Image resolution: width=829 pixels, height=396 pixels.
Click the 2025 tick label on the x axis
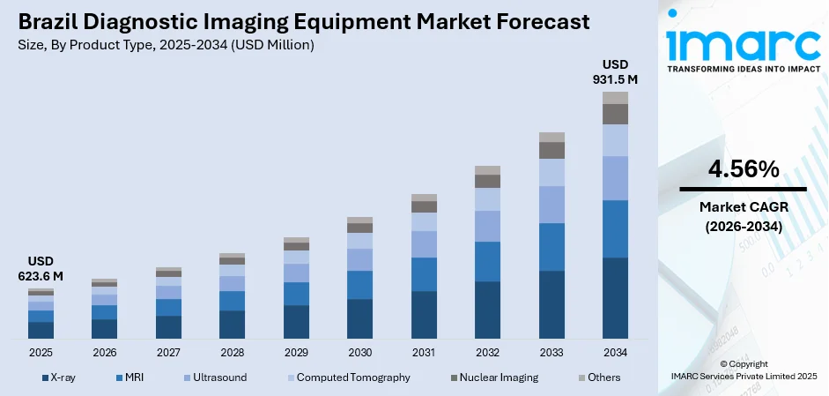tap(41, 353)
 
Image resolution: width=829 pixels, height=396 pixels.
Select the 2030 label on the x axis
tap(359, 353)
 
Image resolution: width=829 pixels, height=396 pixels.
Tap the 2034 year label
tap(615, 353)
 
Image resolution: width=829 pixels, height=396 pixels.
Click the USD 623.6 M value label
tap(41, 268)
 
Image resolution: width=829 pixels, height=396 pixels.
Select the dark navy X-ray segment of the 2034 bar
tap(615, 298)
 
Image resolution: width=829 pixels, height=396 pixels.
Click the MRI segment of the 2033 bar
tap(551, 247)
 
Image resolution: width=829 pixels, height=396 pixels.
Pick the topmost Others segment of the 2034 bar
tap(615, 98)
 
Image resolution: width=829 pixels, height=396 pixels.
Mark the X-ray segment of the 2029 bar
tap(296, 322)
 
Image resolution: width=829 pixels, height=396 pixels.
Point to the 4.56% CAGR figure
tap(743, 169)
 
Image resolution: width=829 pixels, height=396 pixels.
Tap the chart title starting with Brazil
tap(304, 21)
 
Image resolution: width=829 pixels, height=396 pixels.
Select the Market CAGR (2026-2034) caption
tap(743, 216)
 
